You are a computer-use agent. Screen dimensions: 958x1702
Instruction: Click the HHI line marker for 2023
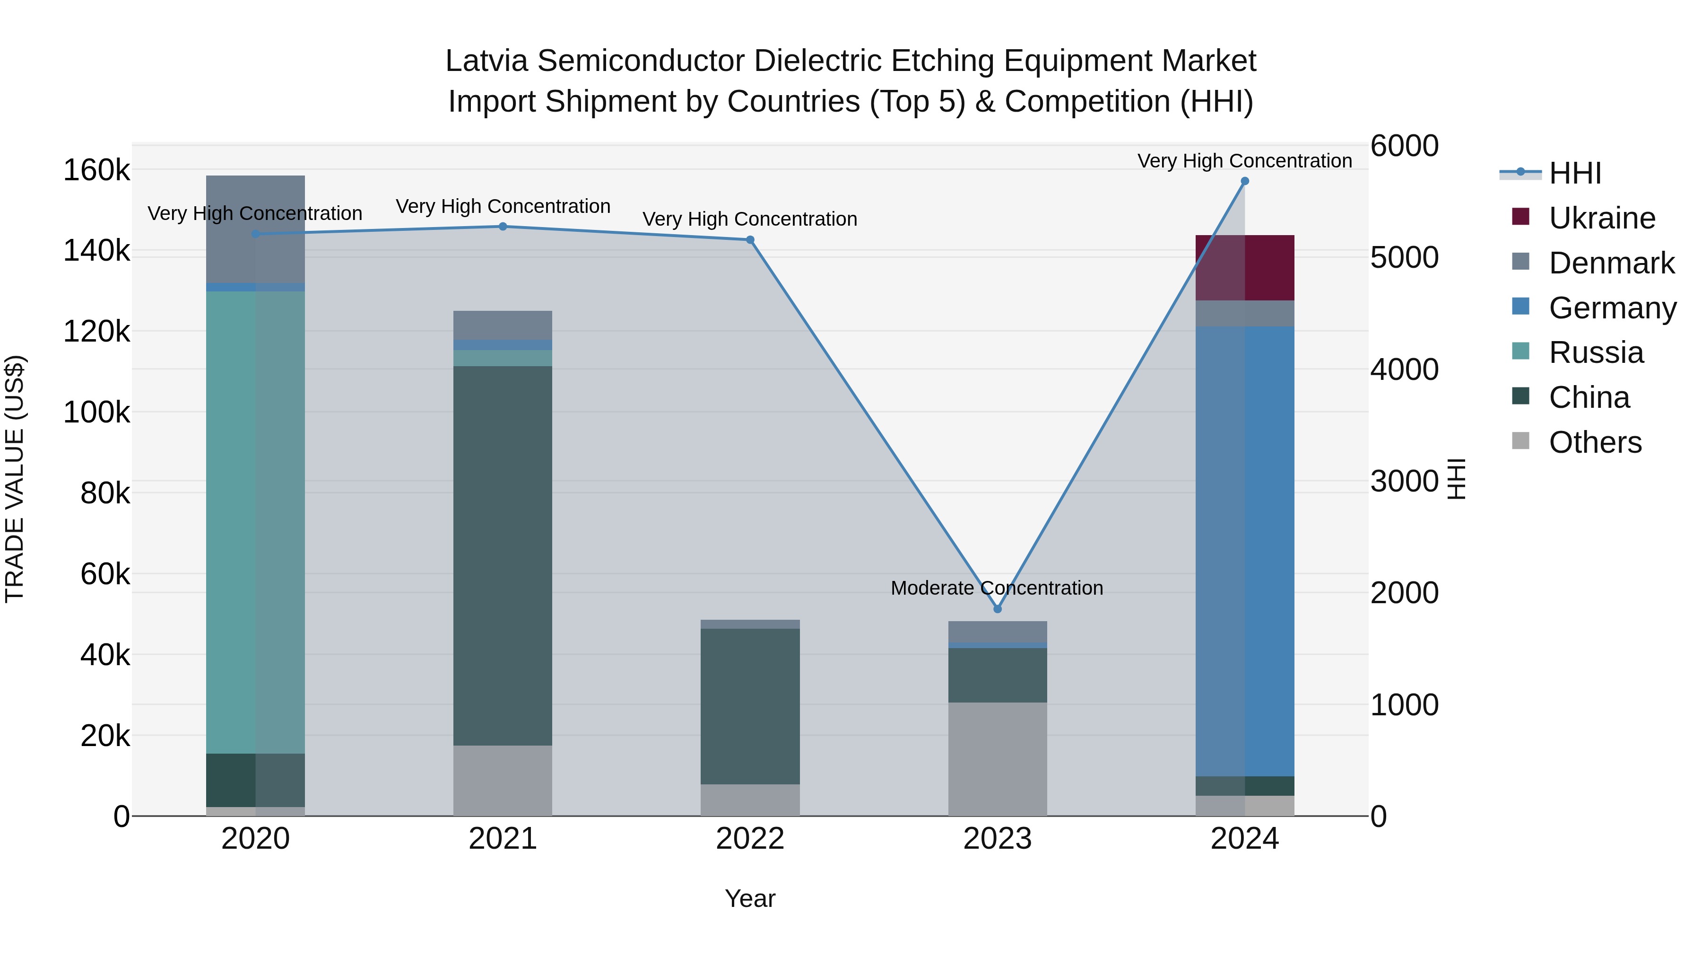pyautogui.click(x=997, y=609)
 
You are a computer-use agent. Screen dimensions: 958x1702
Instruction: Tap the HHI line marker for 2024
pyautogui.click(x=1245, y=181)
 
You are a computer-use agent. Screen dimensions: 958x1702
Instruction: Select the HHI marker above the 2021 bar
pyautogui.click(x=503, y=227)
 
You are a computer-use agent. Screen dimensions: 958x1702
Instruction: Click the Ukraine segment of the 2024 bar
pyautogui.click(x=1245, y=268)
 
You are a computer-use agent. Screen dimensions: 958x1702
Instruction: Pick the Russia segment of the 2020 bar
pyautogui.click(x=256, y=522)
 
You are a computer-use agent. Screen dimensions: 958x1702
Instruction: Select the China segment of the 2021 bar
pyautogui.click(x=503, y=555)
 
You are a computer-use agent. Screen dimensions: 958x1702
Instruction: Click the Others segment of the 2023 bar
pyautogui.click(x=997, y=759)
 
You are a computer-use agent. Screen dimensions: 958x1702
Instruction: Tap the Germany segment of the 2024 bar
pyautogui.click(x=1245, y=551)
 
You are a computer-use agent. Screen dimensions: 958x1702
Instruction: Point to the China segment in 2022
pyautogui.click(x=750, y=706)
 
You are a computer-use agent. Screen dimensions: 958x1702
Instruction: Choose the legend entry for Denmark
pyautogui.click(x=1611, y=263)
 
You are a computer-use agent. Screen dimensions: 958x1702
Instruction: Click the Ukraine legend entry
pyautogui.click(x=1602, y=218)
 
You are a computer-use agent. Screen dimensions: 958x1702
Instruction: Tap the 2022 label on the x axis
pyautogui.click(x=750, y=839)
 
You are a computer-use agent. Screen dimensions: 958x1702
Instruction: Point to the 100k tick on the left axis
pyautogui.click(x=96, y=413)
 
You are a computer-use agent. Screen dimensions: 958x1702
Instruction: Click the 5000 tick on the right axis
pyautogui.click(x=1404, y=258)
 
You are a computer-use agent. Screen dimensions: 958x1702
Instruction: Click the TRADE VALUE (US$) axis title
pyautogui.click(x=15, y=479)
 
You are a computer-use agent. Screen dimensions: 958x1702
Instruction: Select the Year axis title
pyautogui.click(x=750, y=898)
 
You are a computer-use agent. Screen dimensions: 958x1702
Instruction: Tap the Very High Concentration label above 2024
pyautogui.click(x=1244, y=161)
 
